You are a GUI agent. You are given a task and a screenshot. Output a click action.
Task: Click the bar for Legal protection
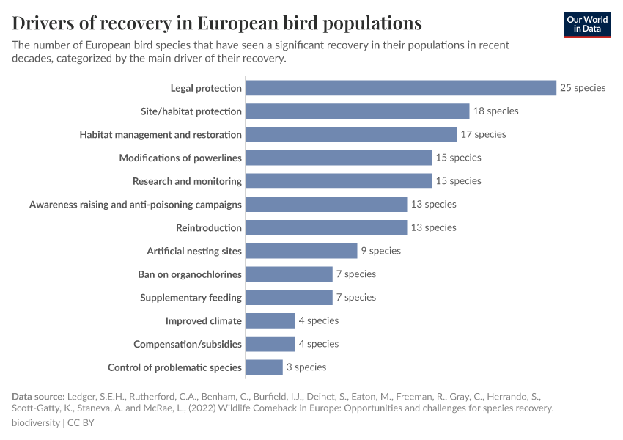click(x=400, y=88)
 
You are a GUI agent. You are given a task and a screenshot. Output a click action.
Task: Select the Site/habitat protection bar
click(x=357, y=111)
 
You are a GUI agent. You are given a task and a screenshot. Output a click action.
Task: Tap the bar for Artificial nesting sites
click(x=301, y=251)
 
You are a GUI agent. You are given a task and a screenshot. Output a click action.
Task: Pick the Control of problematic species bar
click(x=264, y=367)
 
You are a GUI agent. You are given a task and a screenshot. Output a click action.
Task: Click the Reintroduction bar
click(x=325, y=227)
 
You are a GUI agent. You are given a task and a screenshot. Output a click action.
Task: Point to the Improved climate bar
click(x=270, y=320)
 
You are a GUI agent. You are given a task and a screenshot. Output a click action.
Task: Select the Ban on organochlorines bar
click(x=289, y=274)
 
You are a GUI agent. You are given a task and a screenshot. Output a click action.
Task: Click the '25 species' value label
click(x=583, y=88)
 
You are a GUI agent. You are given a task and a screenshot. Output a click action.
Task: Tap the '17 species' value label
click(x=483, y=134)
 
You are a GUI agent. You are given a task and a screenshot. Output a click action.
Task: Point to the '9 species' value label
click(x=380, y=251)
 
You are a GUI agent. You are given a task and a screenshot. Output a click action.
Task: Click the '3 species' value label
click(x=306, y=367)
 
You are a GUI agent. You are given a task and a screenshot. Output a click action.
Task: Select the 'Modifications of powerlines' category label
click(x=180, y=158)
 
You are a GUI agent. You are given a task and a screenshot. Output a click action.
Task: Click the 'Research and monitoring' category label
click(x=187, y=181)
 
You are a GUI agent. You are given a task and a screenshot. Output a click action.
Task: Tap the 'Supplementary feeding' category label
click(x=191, y=298)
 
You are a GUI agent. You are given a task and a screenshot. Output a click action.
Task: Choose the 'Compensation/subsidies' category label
click(x=187, y=344)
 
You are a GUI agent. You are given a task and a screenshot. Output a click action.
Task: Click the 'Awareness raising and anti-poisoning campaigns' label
click(x=136, y=205)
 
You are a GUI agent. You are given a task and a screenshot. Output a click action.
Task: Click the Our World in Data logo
click(x=587, y=24)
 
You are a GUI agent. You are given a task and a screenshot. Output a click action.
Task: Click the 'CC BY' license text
click(x=81, y=423)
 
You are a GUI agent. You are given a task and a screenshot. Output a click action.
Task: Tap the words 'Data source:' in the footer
click(x=37, y=396)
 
